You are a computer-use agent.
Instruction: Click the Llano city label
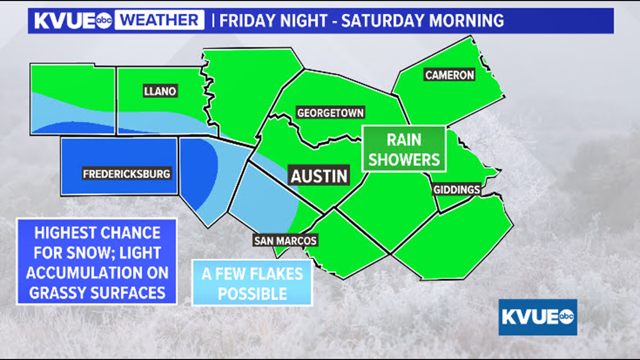click(x=160, y=91)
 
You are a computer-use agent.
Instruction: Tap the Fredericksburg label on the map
click(x=127, y=174)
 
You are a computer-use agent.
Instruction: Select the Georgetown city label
click(x=330, y=113)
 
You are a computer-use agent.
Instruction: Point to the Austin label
click(x=319, y=176)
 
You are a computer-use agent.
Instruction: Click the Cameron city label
click(x=449, y=75)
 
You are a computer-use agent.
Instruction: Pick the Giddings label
click(x=456, y=190)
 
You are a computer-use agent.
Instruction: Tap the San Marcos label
click(x=285, y=241)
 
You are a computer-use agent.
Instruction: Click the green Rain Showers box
click(x=404, y=149)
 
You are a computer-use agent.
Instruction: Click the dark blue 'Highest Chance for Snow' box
click(x=97, y=262)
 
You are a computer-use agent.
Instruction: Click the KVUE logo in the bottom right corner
click(x=538, y=317)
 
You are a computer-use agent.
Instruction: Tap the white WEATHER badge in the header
click(x=159, y=20)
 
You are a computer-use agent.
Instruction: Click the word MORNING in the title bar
click(x=466, y=21)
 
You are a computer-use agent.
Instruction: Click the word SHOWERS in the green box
click(x=404, y=160)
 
